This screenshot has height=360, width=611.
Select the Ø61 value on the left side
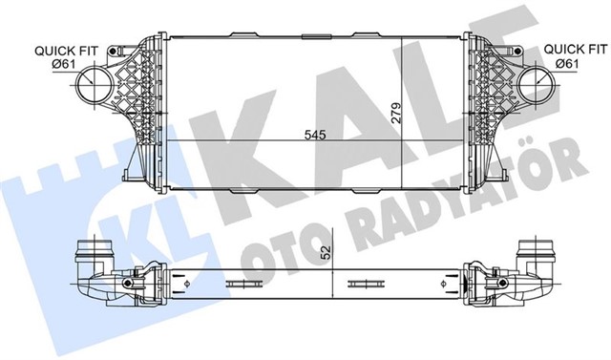point(62,63)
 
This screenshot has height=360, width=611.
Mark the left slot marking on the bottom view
point(239,284)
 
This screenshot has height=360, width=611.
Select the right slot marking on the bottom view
point(363,284)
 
